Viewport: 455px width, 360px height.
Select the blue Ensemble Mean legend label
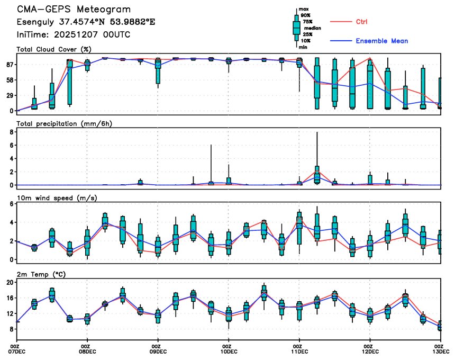pos(381,41)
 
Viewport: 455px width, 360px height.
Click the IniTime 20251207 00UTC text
pos(74,34)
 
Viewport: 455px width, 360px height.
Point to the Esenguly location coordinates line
pos(86,22)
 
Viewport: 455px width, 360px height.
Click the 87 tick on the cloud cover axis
pos(10,65)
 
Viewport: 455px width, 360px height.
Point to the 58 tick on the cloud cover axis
pos(10,80)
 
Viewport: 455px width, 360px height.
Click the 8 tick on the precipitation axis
pos(12,132)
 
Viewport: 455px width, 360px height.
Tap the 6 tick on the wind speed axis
pos(12,204)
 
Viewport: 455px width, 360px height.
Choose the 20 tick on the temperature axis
pos(10,283)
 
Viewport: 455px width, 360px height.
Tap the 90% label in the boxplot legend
pos(305,15)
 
